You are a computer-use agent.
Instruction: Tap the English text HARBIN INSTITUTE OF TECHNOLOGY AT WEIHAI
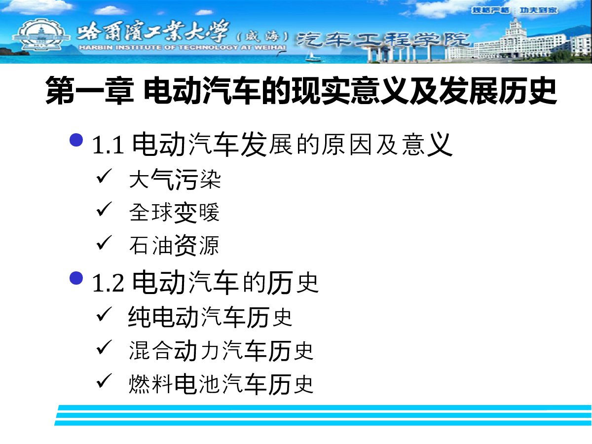click(x=183, y=47)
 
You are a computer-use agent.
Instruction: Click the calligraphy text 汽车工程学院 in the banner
click(x=383, y=39)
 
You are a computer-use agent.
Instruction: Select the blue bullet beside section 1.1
click(x=76, y=140)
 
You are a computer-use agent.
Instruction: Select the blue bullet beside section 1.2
click(x=76, y=278)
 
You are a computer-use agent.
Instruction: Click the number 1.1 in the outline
click(x=108, y=146)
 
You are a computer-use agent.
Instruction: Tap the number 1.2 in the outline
click(x=108, y=284)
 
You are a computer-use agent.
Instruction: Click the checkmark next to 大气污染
click(x=104, y=176)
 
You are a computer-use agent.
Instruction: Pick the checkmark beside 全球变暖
click(x=104, y=209)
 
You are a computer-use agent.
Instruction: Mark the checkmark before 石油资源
click(x=104, y=242)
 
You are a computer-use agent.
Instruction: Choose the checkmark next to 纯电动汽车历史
click(x=104, y=314)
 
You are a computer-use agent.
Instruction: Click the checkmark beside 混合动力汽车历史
click(x=104, y=347)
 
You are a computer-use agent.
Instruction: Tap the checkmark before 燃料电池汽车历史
click(x=104, y=380)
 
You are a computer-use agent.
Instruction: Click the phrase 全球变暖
click(x=175, y=213)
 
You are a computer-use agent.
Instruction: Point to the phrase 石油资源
click(x=174, y=245)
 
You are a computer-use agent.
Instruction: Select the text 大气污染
click(x=175, y=179)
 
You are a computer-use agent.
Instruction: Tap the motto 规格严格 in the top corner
click(x=490, y=10)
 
